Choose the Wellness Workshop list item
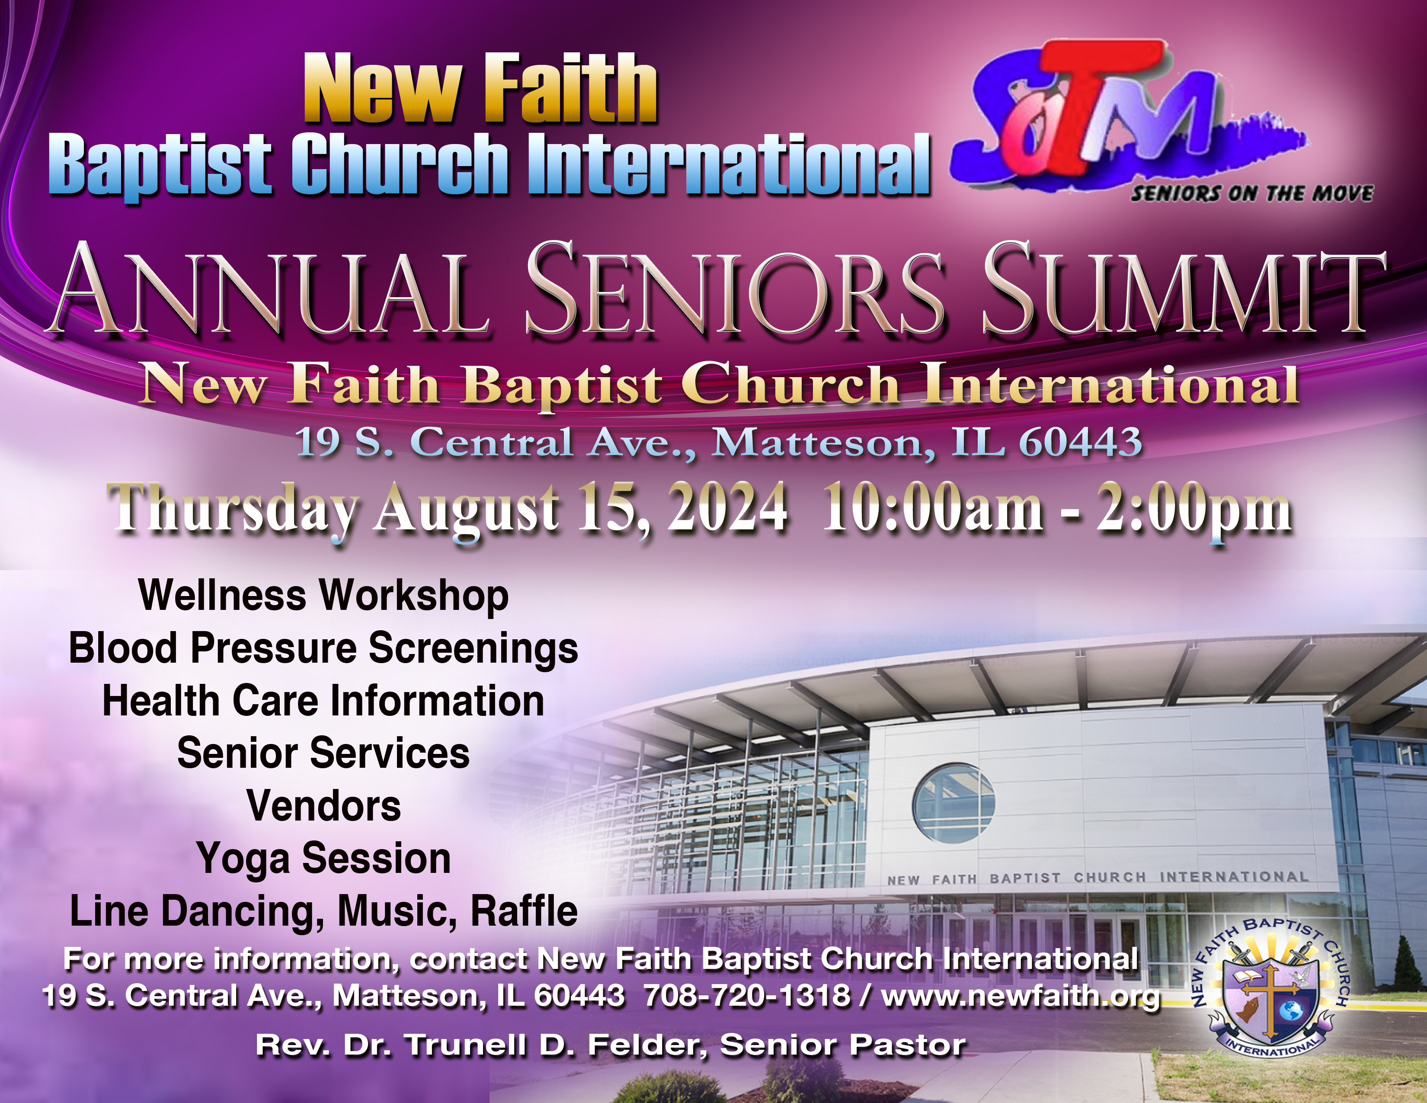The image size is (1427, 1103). point(323,596)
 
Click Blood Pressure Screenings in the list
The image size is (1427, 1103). point(323,649)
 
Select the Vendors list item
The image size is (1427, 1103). point(324,806)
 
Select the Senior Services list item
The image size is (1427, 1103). point(323,754)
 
